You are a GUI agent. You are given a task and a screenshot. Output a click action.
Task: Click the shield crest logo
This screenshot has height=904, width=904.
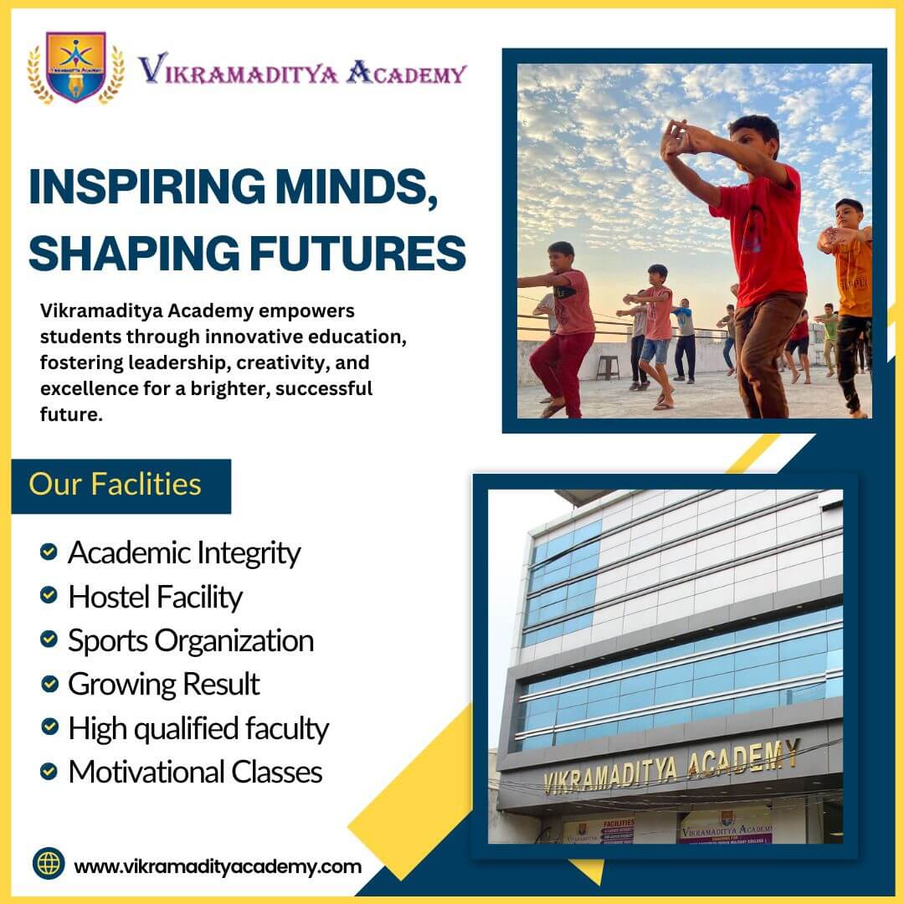75,68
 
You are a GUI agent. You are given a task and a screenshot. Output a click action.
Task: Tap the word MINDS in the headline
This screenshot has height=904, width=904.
356,186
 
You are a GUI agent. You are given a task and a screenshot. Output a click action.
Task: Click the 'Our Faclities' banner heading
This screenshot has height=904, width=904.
115,485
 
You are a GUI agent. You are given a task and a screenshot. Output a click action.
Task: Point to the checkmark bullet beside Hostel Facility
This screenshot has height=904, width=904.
49,595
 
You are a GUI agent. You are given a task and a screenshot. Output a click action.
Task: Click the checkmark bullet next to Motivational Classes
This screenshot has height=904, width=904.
49,771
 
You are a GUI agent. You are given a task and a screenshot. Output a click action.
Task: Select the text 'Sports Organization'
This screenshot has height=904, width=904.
191,641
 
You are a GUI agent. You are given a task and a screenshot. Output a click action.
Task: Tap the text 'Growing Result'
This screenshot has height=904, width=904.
164,685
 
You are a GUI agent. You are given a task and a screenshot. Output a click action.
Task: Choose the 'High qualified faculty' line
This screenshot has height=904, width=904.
198,729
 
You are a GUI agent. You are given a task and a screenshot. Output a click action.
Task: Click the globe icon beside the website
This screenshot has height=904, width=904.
49,863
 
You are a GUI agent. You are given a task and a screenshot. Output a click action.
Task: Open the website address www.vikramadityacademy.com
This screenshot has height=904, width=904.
218,866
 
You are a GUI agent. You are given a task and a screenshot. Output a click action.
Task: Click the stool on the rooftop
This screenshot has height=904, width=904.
608,367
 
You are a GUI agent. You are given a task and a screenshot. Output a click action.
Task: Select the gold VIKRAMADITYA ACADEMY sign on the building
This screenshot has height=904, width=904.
671,767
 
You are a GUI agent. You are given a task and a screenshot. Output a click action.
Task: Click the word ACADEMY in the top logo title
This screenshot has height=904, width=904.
407,73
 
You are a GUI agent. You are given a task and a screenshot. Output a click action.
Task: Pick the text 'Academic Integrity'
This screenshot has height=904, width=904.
184,553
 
